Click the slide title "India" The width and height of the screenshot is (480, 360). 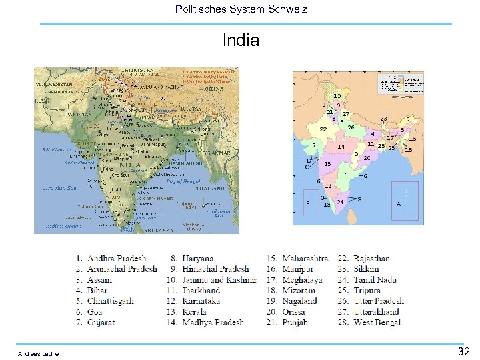coord(241,41)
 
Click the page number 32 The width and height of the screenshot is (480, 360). coord(464,351)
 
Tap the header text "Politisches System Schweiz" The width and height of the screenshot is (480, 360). coord(241,9)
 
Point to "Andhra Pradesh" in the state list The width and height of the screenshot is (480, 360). coord(117,259)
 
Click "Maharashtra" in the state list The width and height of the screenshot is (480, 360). coord(305,259)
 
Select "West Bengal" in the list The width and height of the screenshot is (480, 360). coord(377,323)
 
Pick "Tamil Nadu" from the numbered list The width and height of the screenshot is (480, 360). coord(375,280)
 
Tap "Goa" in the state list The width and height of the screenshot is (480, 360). coord(95,312)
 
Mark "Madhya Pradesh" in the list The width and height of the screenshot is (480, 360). coord(213,323)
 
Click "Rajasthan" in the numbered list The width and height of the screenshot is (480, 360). coord(372,259)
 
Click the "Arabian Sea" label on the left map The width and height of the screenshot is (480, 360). coord(60,188)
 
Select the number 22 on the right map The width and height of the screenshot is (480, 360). coord(323,129)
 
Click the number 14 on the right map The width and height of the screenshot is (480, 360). coord(341,147)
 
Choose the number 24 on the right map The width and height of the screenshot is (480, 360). coord(340,202)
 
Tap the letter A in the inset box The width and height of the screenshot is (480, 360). coord(399,204)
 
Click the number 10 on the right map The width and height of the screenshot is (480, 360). coord(337,96)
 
